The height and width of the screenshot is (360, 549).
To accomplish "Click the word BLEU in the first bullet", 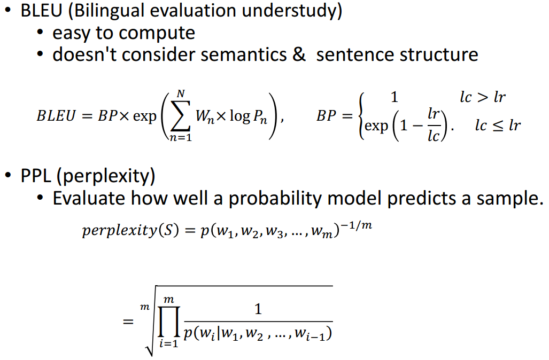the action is click(41, 11).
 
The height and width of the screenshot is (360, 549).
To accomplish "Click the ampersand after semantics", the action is click(299, 55).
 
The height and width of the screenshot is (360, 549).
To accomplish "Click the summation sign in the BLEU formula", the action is click(180, 116).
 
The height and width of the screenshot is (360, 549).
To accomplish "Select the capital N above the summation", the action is click(181, 94).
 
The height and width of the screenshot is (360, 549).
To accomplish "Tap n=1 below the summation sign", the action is click(181, 138).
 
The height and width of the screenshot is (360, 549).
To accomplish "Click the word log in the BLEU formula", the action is click(240, 116).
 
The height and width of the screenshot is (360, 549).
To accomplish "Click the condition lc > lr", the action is click(483, 97).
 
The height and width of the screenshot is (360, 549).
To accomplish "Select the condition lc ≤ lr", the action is click(498, 125).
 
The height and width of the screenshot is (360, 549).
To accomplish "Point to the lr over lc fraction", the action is click(434, 124).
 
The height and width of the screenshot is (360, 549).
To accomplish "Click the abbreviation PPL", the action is click(36, 176).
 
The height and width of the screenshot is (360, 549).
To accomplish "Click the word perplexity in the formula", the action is click(119, 231).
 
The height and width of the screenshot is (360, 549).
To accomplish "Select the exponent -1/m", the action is click(356, 225).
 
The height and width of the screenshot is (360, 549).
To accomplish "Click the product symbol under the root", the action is click(169, 322).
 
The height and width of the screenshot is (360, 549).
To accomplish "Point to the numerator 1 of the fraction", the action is click(258, 309).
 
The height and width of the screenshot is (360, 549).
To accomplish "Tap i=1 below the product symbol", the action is click(169, 343).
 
